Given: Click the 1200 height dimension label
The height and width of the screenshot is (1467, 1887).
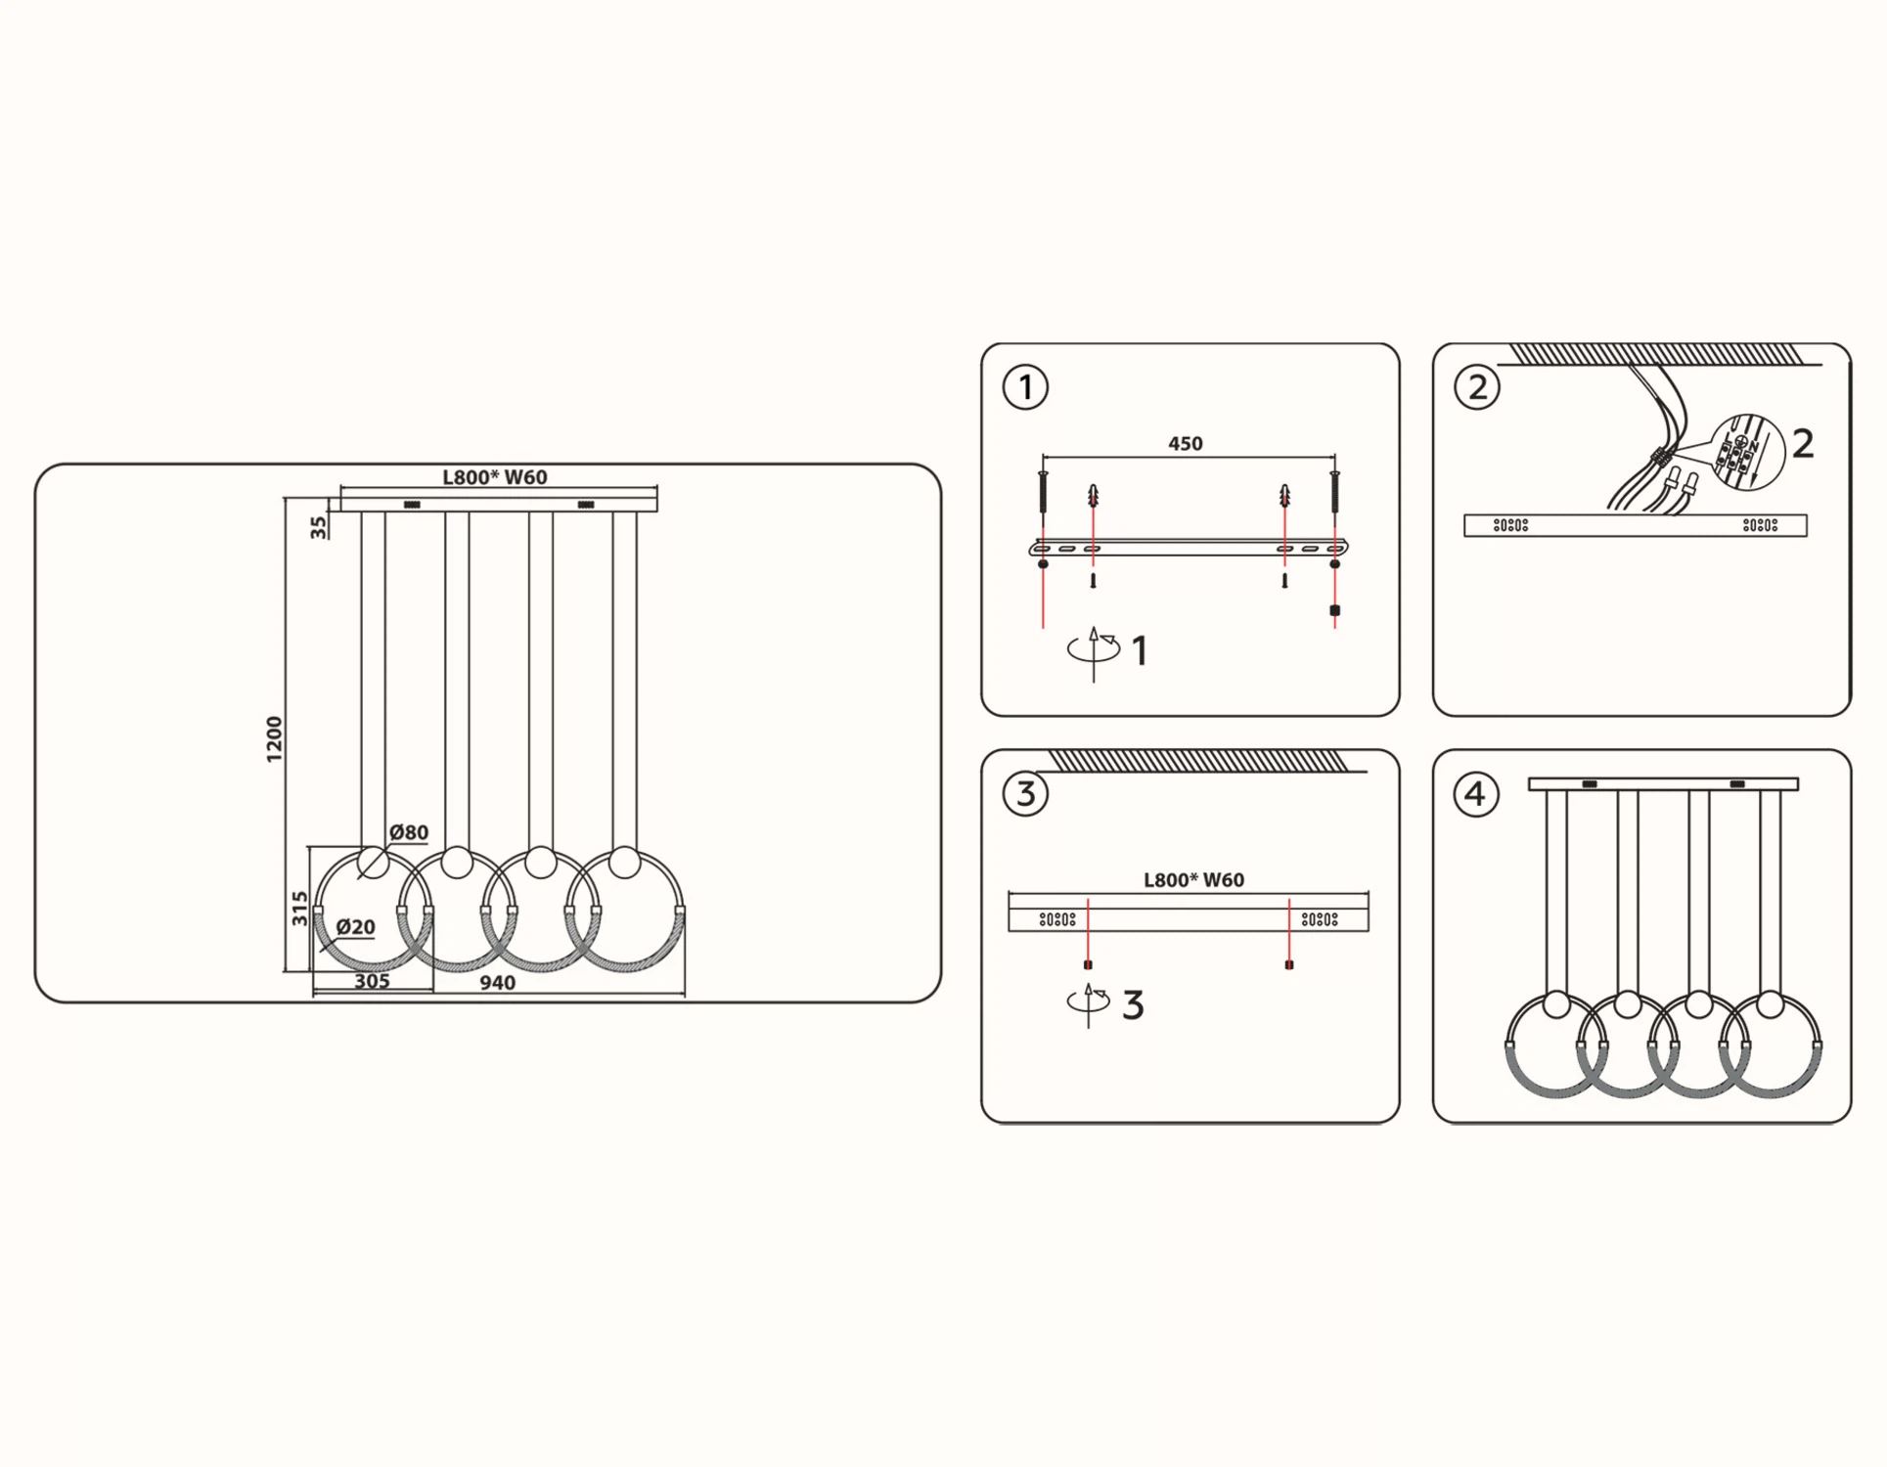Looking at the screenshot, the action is (274, 739).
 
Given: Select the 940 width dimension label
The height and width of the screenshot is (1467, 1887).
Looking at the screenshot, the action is (497, 983).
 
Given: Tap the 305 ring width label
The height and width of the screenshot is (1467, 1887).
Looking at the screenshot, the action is (372, 981).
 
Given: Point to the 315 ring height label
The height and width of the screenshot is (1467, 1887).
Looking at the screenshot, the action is (299, 909).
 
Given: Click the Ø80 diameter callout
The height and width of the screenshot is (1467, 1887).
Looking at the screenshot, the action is (408, 832).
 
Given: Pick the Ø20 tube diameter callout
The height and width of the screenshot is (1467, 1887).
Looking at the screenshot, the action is (355, 927).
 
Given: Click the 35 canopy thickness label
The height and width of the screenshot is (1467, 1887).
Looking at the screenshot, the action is (318, 528).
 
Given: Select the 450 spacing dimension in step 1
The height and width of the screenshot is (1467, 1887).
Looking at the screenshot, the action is (1185, 444).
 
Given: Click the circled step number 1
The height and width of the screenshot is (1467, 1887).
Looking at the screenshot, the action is (1025, 387).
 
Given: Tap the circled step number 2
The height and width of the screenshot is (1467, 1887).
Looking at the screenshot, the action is (1477, 387).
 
